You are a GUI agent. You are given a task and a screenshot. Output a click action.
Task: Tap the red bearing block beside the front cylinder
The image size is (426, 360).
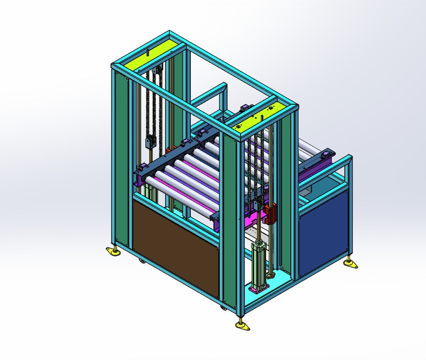271,213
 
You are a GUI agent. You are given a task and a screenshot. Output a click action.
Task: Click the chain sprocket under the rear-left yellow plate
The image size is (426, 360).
158,70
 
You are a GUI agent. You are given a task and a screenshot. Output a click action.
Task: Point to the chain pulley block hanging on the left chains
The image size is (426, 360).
150,141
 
